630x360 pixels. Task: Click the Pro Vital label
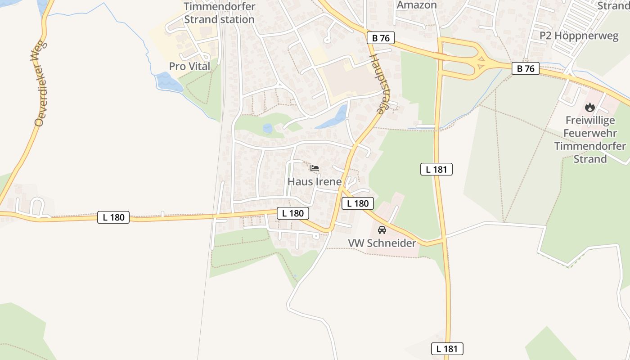(x=189, y=66)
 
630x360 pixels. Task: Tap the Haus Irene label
(x=315, y=182)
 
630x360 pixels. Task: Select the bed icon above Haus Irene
(x=315, y=169)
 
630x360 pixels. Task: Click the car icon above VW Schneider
(x=382, y=230)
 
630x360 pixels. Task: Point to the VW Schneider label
(x=382, y=243)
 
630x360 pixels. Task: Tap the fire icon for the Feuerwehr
(x=590, y=108)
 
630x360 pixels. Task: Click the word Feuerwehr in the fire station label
(x=590, y=133)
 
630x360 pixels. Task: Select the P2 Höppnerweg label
(x=580, y=36)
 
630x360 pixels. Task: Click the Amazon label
(x=417, y=5)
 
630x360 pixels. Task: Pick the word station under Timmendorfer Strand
(x=235, y=19)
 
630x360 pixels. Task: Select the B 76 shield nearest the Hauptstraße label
(x=381, y=38)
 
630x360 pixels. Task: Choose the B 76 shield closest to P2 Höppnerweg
(x=526, y=69)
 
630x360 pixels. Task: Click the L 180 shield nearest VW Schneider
(x=358, y=203)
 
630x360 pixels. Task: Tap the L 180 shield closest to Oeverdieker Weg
(x=113, y=217)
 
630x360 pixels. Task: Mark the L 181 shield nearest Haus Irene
(x=436, y=169)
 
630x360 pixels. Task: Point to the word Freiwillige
(x=590, y=121)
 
